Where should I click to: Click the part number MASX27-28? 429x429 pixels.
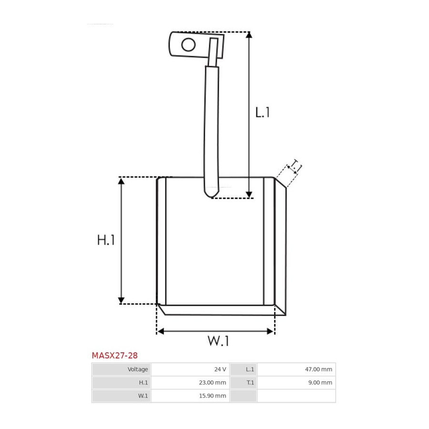pos(114,356)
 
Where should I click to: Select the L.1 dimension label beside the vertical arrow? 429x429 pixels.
pos(262,112)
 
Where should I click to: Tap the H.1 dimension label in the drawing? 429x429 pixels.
pos(106,240)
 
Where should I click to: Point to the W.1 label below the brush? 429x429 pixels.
pos(218,341)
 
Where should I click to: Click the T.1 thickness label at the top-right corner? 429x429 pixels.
pos(296,166)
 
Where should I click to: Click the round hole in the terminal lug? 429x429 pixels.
pos(188,45)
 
